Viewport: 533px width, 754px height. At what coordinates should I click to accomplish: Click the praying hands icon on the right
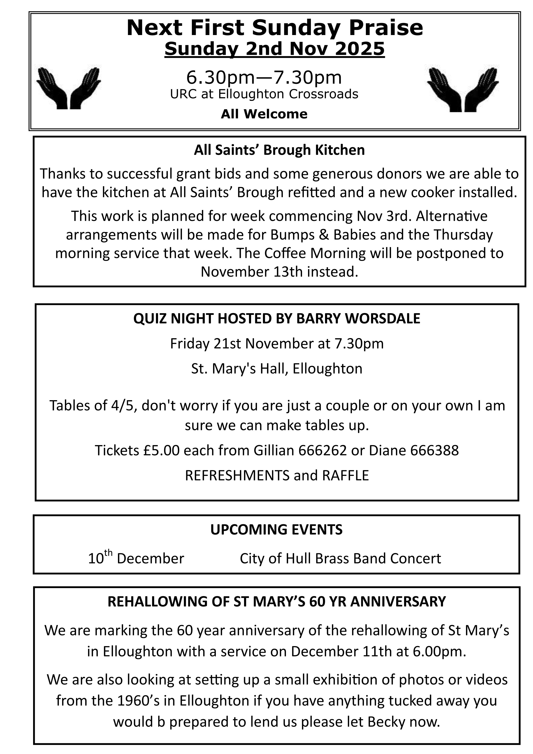tap(463, 89)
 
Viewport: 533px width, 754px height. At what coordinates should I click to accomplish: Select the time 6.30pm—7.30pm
tap(264, 78)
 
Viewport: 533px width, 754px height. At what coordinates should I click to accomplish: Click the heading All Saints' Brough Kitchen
tap(279, 150)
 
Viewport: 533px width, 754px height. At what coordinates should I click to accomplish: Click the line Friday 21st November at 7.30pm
tap(277, 343)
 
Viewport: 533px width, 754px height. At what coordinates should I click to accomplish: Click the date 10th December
tap(136, 558)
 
